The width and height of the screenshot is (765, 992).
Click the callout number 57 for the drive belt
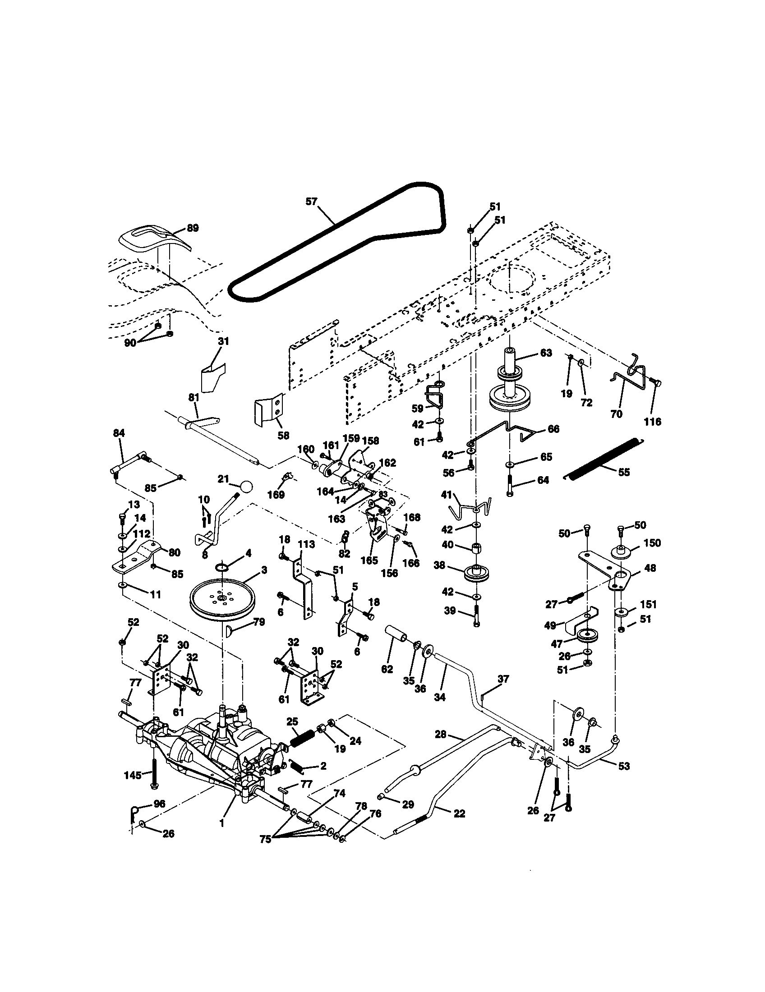point(311,201)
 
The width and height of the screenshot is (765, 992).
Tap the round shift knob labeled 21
point(246,487)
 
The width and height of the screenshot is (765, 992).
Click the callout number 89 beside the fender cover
point(193,228)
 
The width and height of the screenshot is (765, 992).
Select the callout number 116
point(652,422)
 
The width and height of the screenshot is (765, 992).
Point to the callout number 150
point(652,543)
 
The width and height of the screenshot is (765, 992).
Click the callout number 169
point(276,495)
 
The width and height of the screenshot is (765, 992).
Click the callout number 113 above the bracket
point(306,544)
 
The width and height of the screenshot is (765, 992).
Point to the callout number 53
point(624,766)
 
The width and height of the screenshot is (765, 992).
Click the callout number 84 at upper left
point(119,433)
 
